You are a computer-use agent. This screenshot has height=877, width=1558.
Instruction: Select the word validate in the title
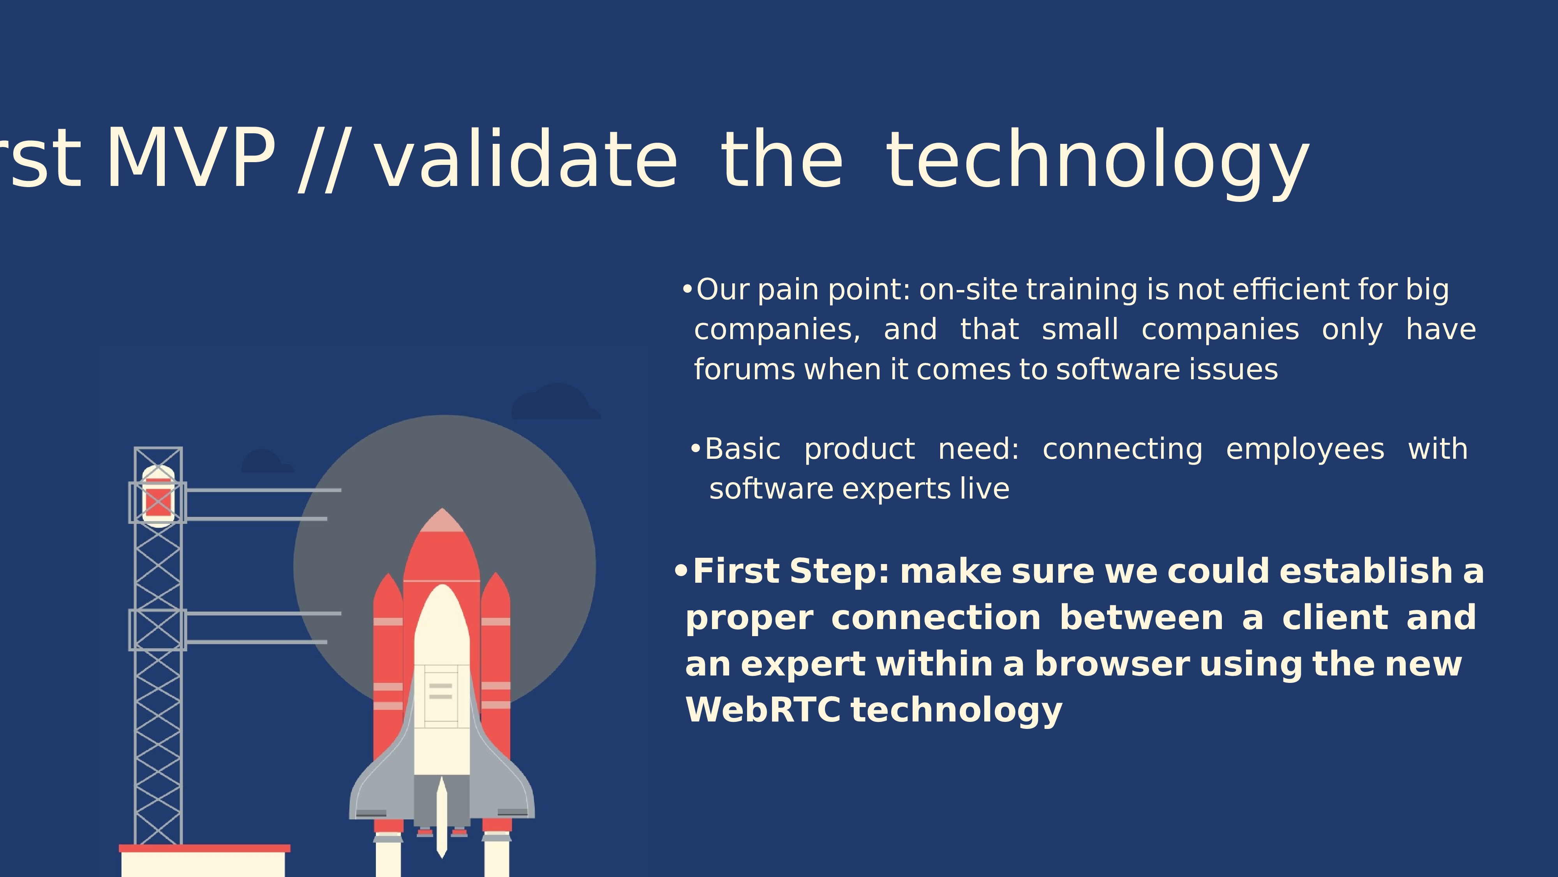click(525, 159)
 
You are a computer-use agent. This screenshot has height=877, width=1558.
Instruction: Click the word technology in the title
click(1098, 162)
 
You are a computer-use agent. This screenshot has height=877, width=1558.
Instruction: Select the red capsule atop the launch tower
click(158, 496)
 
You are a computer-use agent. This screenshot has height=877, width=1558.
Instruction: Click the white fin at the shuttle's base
click(442, 817)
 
